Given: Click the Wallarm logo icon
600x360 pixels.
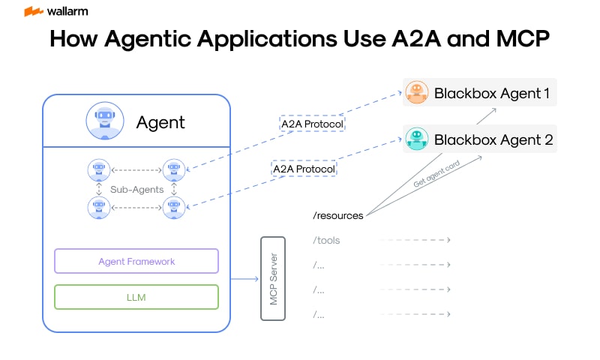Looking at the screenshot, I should (x=33, y=11).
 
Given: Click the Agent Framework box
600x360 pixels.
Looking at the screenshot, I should (x=136, y=262).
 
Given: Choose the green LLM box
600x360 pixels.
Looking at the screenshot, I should (x=136, y=297).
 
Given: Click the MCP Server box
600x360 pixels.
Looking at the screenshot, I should (x=274, y=278).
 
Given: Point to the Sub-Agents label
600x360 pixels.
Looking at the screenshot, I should (x=136, y=190).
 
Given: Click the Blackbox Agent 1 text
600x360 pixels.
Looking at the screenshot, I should (x=492, y=94).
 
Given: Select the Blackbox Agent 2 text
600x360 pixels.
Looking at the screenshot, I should (x=493, y=139).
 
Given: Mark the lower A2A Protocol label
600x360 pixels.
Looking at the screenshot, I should (x=303, y=169).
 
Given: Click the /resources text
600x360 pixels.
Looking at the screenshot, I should (x=337, y=216).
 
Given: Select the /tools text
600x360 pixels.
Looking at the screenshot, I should (x=326, y=241).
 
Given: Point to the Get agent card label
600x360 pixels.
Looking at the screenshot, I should (x=437, y=174).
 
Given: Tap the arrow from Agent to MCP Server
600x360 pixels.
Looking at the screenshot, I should (x=244, y=280).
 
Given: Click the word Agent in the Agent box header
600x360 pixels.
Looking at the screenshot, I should (x=160, y=122).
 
